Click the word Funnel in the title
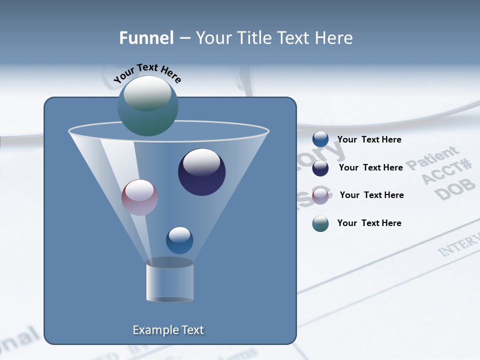[146, 38]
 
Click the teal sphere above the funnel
[147, 105]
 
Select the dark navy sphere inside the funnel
[201, 172]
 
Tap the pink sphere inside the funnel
[139, 197]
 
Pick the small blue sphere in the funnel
[179, 240]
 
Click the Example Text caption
[168, 330]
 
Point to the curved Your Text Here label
[147, 72]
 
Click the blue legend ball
[320, 139]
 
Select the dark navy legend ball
[320, 168]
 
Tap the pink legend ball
[320, 195]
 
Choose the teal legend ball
[320, 223]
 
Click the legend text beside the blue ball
[369, 139]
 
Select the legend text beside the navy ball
[370, 167]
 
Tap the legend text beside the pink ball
[371, 195]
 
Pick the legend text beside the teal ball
[369, 223]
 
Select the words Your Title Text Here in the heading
[274, 38]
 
